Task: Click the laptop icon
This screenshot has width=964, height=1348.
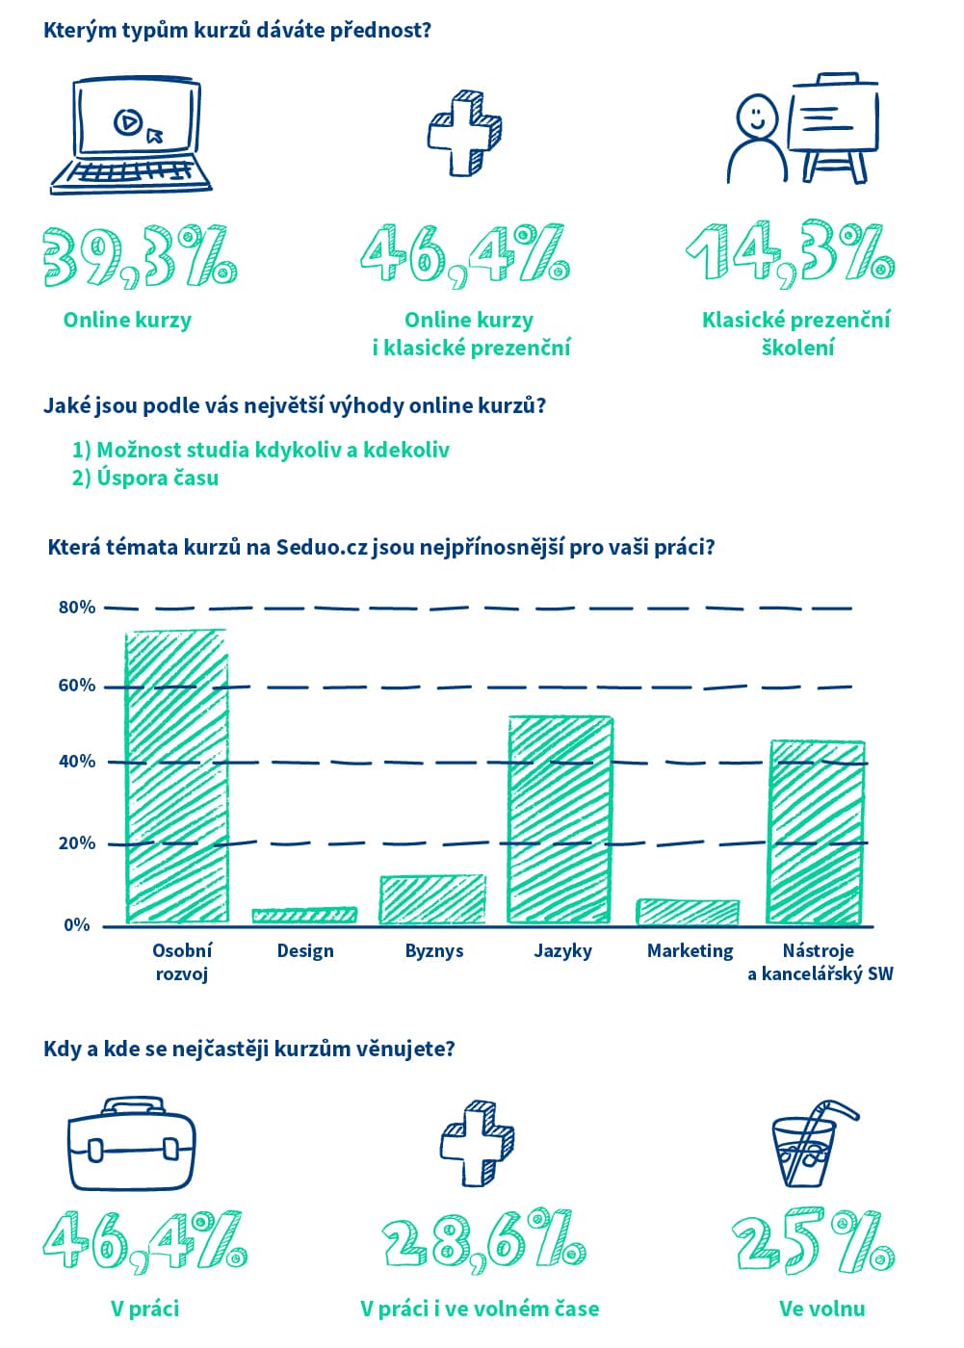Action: (x=131, y=136)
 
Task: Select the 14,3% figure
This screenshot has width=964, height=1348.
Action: (x=791, y=254)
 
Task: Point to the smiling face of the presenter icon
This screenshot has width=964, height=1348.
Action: (x=756, y=117)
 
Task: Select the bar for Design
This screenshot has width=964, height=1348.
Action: (x=304, y=915)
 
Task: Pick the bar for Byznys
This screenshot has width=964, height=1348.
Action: (x=432, y=899)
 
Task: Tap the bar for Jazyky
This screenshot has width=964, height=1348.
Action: (x=560, y=819)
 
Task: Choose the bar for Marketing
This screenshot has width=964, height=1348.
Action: (x=688, y=912)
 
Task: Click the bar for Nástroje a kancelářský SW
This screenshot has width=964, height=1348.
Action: (x=816, y=832)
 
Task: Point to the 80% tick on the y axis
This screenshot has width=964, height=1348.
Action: (x=77, y=608)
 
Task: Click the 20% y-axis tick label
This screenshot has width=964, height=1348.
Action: (x=77, y=843)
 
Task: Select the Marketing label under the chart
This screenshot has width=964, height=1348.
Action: (x=690, y=951)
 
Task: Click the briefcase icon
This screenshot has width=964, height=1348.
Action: (x=131, y=1143)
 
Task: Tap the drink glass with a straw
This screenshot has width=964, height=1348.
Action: (x=809, y=1145)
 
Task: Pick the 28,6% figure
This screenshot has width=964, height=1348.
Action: (x=483, y=1241)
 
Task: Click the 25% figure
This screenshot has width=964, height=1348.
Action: (x=814, y=1242)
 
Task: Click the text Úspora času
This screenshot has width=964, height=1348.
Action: (x=157, y=478)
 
